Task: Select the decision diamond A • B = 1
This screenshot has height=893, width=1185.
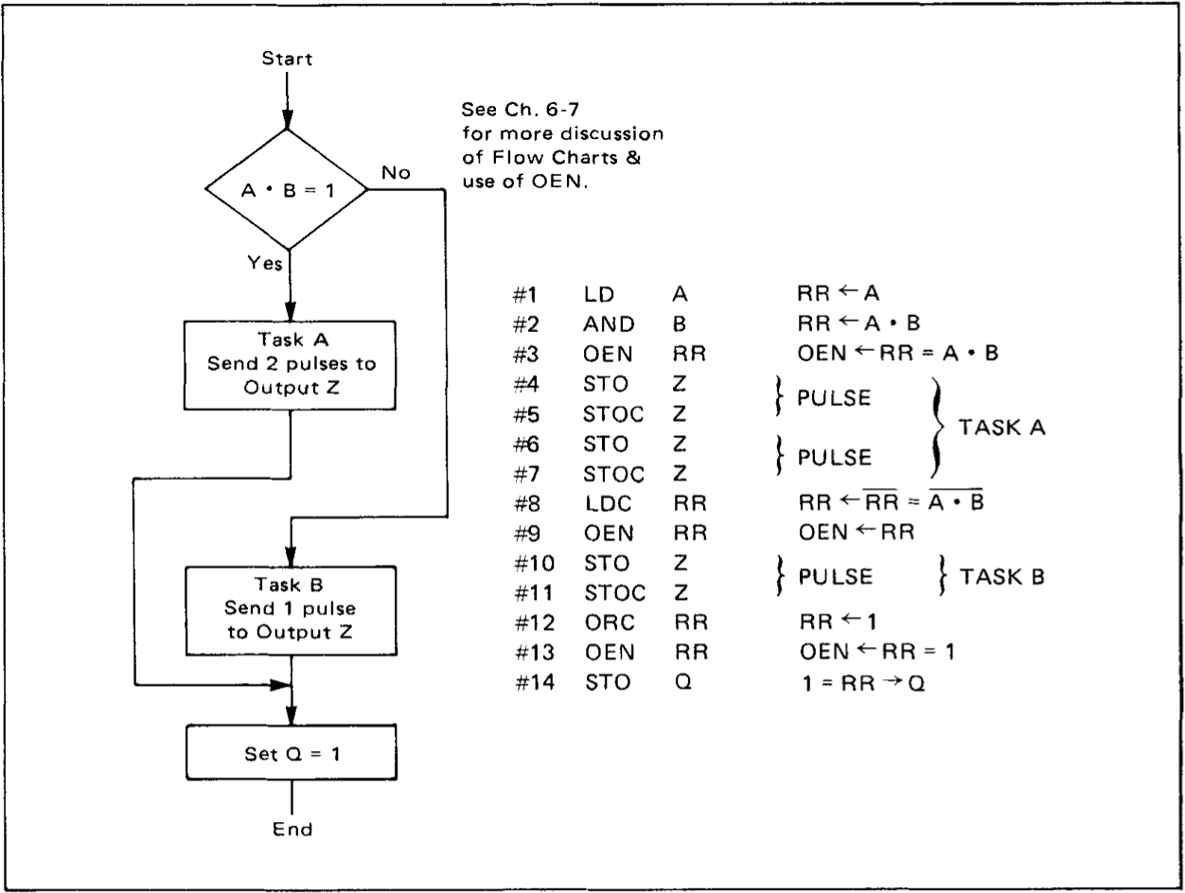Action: point(289,190)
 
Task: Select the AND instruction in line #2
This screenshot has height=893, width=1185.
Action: point(603,324)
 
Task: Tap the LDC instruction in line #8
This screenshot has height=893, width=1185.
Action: point(603,505)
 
